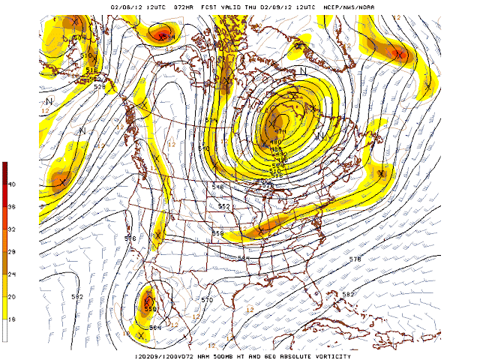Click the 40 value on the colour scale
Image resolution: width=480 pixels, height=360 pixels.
12,184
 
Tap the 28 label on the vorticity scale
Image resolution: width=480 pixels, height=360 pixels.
12,252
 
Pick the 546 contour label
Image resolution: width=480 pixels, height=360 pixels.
218,187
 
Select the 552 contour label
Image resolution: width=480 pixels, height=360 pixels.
223,206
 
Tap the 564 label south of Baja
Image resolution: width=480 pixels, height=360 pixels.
154,327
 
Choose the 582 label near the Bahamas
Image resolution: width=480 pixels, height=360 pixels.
348,295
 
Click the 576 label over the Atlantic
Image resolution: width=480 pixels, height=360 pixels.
355,259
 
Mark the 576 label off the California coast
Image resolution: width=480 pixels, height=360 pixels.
130,238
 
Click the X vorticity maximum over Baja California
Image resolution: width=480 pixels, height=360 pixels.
148,301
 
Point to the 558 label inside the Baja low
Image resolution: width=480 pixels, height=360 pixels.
149,309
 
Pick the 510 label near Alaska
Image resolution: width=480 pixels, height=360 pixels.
85,55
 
